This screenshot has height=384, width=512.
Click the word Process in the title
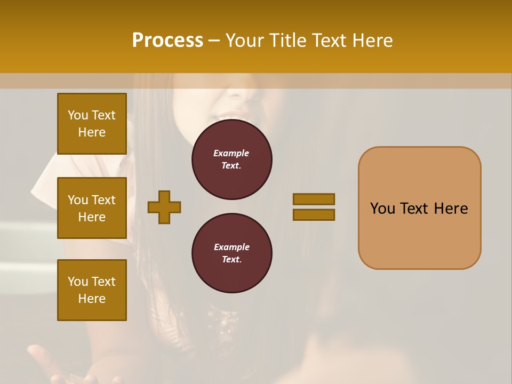tap(167, 41)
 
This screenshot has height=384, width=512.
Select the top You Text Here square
tap(92, 124)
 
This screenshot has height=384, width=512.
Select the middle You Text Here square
tap(92, 208)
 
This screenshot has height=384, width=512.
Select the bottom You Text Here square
tap(92, 290)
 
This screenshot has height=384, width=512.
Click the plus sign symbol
tap(164, 207)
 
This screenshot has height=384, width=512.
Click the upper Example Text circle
tap(231, 159)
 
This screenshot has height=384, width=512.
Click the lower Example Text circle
tap(231, 253)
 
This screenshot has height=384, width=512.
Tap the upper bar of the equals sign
tap(314, 199)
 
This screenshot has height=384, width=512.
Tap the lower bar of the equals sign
tap(314, 215)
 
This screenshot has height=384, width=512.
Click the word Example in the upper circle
tap(231, 153)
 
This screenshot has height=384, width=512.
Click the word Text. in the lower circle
tap(231, 259)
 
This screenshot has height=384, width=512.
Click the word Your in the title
tap(245, 41)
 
